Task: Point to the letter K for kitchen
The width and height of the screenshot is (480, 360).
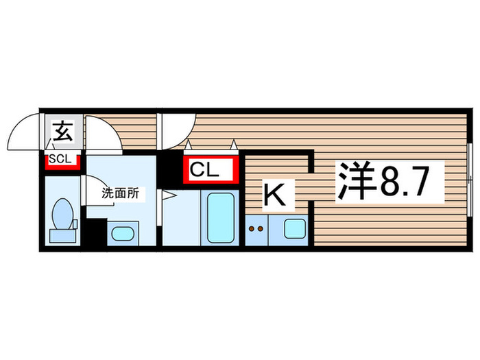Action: pos(275,195)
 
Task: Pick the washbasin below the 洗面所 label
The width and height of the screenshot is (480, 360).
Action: pos(123,232)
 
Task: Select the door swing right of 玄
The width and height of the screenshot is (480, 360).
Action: pos(103,134)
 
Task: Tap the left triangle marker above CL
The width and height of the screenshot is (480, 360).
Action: pos(189,145)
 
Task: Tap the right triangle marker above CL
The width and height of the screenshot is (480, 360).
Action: pos(234,145)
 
